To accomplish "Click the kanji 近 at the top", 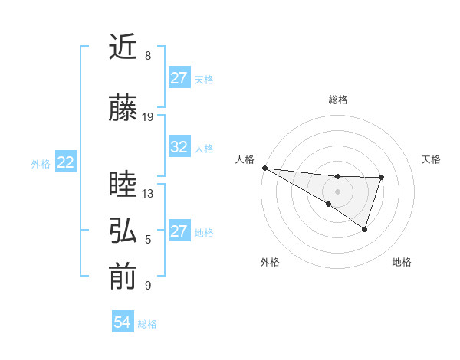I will click(123, 47).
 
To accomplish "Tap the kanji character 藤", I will click(123, 108).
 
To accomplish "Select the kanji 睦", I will click(123, 185).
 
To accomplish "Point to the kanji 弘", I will click(123, 231).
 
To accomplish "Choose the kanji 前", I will click(123, 277).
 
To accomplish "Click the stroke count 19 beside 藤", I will click(148, 117).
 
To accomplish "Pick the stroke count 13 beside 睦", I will click(148, 194).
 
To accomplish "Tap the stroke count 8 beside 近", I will click(148, 56).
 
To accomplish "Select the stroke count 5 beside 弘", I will click(148, 240).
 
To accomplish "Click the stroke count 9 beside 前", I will click(148, 286).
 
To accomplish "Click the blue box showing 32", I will click(179, 147).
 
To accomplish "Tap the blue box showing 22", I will click(66, 162).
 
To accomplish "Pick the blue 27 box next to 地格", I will click(179, 231).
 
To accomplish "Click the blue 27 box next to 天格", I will click(179, 78).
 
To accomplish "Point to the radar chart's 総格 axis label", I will click(338, 100).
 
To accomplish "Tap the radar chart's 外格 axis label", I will click(270, 263).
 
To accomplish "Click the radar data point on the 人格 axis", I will click(264, 168).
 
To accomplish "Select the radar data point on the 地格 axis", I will click(365, 229).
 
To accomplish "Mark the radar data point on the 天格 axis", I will click(381, 178).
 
